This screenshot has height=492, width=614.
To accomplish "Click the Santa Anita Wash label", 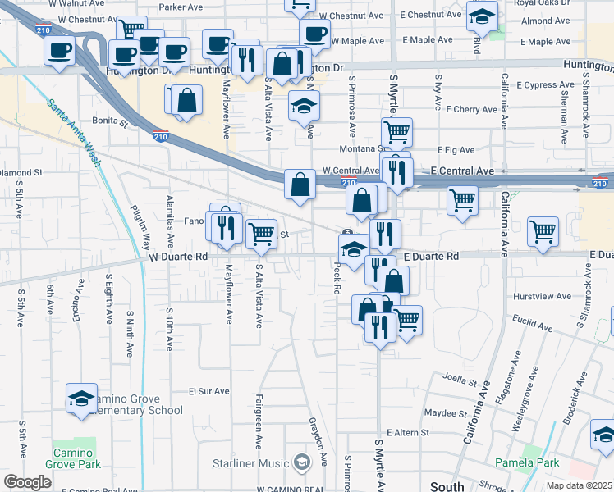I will pos(74,133).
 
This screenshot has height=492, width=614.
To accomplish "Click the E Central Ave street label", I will pos(462,171).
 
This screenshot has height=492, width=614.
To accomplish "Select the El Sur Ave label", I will pos(207,392).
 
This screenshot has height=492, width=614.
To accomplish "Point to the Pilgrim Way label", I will pos(144,226).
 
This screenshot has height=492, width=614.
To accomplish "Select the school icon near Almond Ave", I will pos(482,16).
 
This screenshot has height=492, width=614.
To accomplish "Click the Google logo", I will pos(27,482).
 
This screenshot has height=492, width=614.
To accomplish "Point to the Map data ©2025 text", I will pos(579,485).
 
